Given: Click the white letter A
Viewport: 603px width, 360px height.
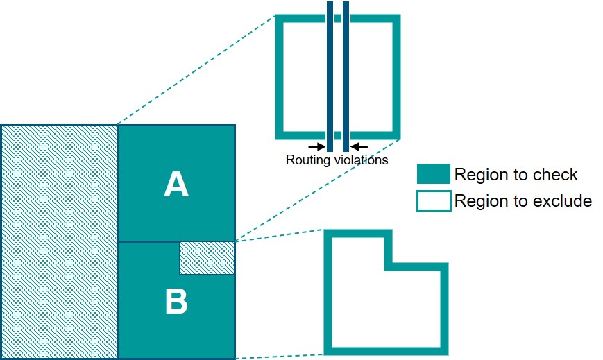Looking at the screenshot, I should (x=176, y=185).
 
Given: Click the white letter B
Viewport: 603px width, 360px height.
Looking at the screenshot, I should (x=176, y=302).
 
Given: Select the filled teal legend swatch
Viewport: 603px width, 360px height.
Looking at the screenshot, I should (x=434, y=174).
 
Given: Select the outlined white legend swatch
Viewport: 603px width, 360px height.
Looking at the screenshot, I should (x=434, y=201).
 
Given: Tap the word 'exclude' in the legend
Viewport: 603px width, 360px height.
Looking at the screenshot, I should (x=563, y=201).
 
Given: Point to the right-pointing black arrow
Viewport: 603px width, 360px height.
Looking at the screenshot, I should (x=316, y=146).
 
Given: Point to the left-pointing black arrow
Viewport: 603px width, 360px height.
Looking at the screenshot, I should (x=359, y=146).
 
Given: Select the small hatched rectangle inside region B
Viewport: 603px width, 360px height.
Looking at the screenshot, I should (x=207, y=258).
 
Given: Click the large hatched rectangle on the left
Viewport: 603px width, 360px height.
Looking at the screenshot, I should (x=60, y=241).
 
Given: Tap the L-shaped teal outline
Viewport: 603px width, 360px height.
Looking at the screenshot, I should (x=328, y=291).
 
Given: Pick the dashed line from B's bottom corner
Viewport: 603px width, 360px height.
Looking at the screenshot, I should (x=278, y=355).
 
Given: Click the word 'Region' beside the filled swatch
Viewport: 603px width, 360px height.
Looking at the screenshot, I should (x=478, y=175).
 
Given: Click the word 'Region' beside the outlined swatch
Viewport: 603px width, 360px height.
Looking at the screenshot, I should (x=478, y=201).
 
